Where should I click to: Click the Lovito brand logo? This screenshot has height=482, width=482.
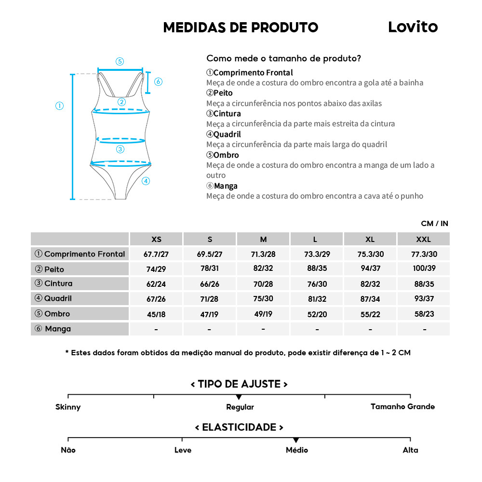pyautogui.click(x=413, y=27)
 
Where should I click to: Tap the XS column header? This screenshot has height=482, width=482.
pyautogui.click(x=156, y=239)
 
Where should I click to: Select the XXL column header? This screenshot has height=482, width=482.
pyautogui.click(x=423, y=239)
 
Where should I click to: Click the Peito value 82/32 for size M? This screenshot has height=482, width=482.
pyautogui.click(x=263, y=269)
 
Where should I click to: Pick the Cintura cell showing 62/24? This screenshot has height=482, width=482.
pyautogui.click(x=156, y=284)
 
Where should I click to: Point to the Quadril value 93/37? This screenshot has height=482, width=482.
pyautogui.click(x=424, y=299)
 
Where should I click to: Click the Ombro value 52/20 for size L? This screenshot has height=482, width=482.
pyautogui.click(x=317, y=314)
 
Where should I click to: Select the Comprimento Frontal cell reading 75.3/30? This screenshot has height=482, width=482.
pyautogui.click(x=370, y=254)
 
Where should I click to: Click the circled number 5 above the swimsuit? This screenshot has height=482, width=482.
pyautogui.click(x=120, y=61)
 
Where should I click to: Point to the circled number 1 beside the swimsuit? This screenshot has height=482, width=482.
pyautogui.click(x=59, y=106)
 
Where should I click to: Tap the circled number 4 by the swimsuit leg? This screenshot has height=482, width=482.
pyautogui.click(x=146, y=181)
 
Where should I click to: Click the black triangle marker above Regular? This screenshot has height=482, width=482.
pyautogui.click(x=239, y=397)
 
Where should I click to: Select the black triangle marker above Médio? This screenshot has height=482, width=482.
pyautogui.click(x=296, y=440)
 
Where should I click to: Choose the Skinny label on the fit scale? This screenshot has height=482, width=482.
pyautogui.click(x=68, y=407)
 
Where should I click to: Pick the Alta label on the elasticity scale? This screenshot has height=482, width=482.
pyautogui.click(x=410, y=450)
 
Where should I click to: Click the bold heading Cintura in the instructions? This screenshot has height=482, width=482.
pyautogui.click(x=227, y=114)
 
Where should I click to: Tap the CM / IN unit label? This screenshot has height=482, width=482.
pyautogui.click(x=434, y=223)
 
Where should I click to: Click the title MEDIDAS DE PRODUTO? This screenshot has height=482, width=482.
pyautogui.click(x=241, y=27)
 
